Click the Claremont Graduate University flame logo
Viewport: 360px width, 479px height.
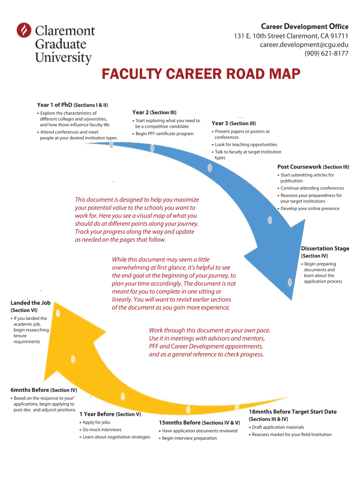23,31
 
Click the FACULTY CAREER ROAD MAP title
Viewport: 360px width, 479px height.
200,75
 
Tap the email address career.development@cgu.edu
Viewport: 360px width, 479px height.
304,45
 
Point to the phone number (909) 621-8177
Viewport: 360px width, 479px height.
326,53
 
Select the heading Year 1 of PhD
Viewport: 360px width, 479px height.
55,105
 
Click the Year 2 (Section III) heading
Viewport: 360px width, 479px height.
154,112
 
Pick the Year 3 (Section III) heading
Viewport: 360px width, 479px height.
234,123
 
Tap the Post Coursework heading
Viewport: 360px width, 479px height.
300,167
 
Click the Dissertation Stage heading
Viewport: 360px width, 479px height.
325,248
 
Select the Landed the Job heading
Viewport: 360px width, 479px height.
30,303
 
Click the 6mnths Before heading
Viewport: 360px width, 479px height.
29,390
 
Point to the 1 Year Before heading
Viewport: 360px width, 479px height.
97,414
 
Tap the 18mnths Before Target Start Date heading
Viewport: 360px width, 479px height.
293,412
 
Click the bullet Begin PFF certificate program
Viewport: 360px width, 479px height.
164,134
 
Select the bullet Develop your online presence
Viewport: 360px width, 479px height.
310,209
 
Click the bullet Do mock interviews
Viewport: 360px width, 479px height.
102,429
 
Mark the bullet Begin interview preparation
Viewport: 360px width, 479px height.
189,438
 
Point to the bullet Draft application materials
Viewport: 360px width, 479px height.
278,427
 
